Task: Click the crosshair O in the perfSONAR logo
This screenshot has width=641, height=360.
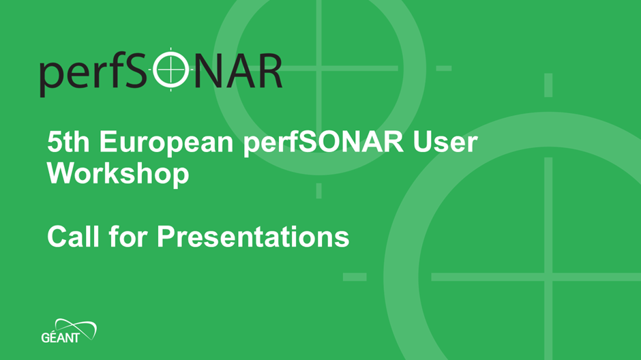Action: pyautogui.click(x=171, y=70)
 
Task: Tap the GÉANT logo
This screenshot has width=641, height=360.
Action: pyautogui.click(x=69, y=331)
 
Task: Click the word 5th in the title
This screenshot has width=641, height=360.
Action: pyautogui.click(x=68, y=142)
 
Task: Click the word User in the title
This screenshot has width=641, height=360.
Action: pyautogui.click(x=445, y=142)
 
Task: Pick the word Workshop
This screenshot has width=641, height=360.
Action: pyautogui.click(x=118, y=175)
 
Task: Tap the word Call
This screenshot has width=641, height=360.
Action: pyautogui.click(x=73, y=236)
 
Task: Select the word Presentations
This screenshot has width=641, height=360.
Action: pyautogui.click(x=253, y=236)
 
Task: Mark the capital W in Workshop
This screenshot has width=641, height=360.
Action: pyautogui.click(x=63, y=173)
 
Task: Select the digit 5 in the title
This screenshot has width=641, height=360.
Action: pyautogui.click(x=54, y=142)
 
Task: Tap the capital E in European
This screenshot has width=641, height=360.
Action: pyautogui.click(x=108, y=142)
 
